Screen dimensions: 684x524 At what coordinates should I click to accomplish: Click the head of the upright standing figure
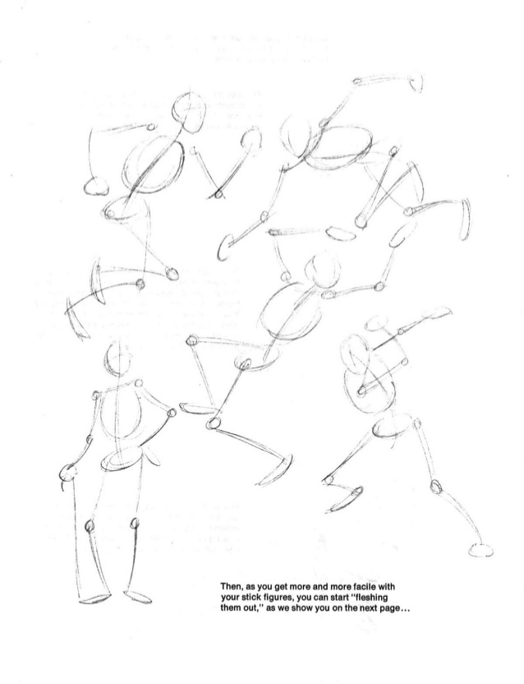(x=117, y=359)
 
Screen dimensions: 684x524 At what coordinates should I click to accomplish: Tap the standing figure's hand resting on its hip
(x=171, y=418)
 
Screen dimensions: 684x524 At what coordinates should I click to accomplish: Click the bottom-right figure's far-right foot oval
(x=479, y=548)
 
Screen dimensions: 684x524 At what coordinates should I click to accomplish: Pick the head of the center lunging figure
(x=321, y=269)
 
